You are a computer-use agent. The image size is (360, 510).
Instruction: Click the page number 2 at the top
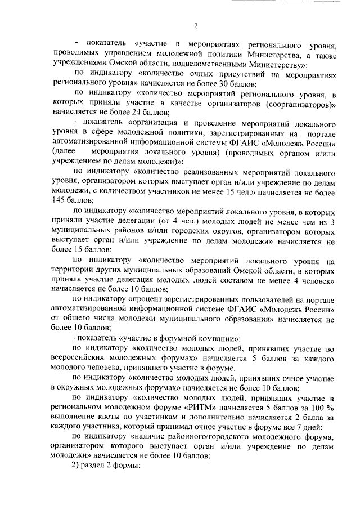tap(195, 25)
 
